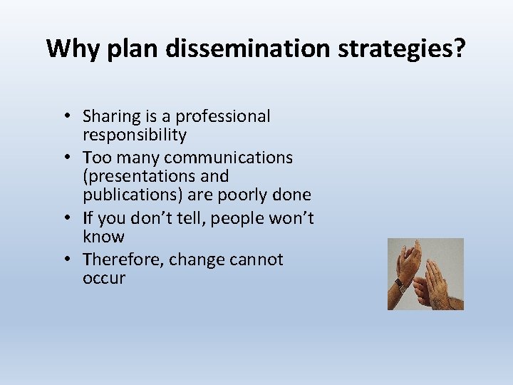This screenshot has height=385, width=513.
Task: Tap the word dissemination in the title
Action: tap(234, 48)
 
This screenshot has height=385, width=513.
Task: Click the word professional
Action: tap(223, 116)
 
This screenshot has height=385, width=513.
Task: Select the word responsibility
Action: tap(135, 135)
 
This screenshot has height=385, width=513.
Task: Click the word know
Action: tap(103, 237)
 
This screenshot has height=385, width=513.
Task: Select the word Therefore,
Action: tap(123, 260)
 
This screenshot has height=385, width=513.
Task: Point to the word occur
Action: tap(104, 278)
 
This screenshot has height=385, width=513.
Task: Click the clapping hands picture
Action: tap(425, 274)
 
